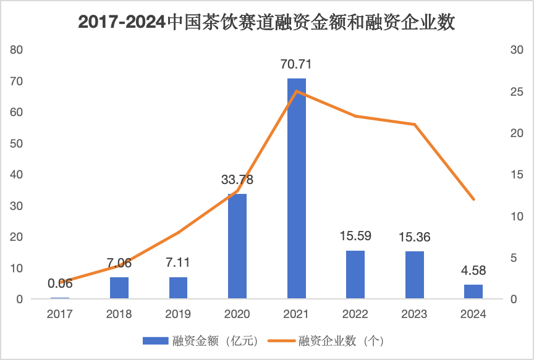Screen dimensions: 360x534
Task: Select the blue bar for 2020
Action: (x=237, y=246)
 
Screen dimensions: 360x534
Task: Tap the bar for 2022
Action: (x=355, y=275)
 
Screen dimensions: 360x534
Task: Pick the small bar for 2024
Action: (x=473, y=292)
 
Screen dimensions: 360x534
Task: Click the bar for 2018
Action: (x=119, y=288)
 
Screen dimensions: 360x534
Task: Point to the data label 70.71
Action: (x=297, y=64)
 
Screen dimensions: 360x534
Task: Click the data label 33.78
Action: (x=237, y=180)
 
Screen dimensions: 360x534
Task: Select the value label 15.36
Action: (x=414, y=237)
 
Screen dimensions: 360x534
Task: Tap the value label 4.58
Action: (x=473, y=270)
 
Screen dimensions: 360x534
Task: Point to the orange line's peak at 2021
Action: (x=297, y=91)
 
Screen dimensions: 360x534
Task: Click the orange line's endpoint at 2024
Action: (x=473, y=199)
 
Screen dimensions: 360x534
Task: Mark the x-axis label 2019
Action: (x=179, y=314)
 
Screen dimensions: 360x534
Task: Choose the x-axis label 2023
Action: (x=414, y=314)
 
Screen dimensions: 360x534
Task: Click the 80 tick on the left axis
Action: (x=17, y=50)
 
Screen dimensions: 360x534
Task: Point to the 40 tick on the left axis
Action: (x=17, y=175)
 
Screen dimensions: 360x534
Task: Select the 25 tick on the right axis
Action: (x=517, y=91)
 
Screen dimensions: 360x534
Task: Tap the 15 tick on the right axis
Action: (x=517, y=175)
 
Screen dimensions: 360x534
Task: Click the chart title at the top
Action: (x=267, y=23)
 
